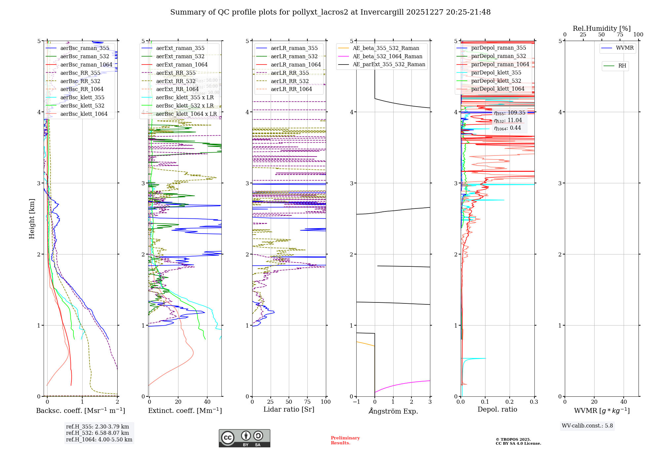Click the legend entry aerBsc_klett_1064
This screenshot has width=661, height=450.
coord(84,114)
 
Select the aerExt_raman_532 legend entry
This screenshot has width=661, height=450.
coord(180,56)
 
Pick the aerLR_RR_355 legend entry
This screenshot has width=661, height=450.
coord(290,73)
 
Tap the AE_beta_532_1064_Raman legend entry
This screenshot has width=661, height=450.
coord(387,56)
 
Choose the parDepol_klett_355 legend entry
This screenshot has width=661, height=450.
coord(496,72)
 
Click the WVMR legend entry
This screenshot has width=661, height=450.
coord(625,48)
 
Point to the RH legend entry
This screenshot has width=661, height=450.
coord(622,66)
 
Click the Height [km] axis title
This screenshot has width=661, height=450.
coord(32,218)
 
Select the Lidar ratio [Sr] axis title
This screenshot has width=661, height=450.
coord(289,409)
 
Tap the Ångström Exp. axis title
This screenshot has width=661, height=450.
coord(393,411)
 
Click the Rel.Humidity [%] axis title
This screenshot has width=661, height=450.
coord(602,28)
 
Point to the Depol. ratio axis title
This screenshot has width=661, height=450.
coord(497,409)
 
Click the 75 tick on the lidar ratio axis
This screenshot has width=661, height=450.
coord(307,402)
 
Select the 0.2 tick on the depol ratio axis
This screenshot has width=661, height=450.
coord(509,402)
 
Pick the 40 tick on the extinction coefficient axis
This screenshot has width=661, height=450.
coord(207,402)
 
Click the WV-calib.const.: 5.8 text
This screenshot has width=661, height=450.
coord(587,426)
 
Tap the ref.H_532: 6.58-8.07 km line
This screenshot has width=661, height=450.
coord(97,433)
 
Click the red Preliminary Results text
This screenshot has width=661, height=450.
coord(345,440)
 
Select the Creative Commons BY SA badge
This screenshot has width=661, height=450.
coord(244,438)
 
